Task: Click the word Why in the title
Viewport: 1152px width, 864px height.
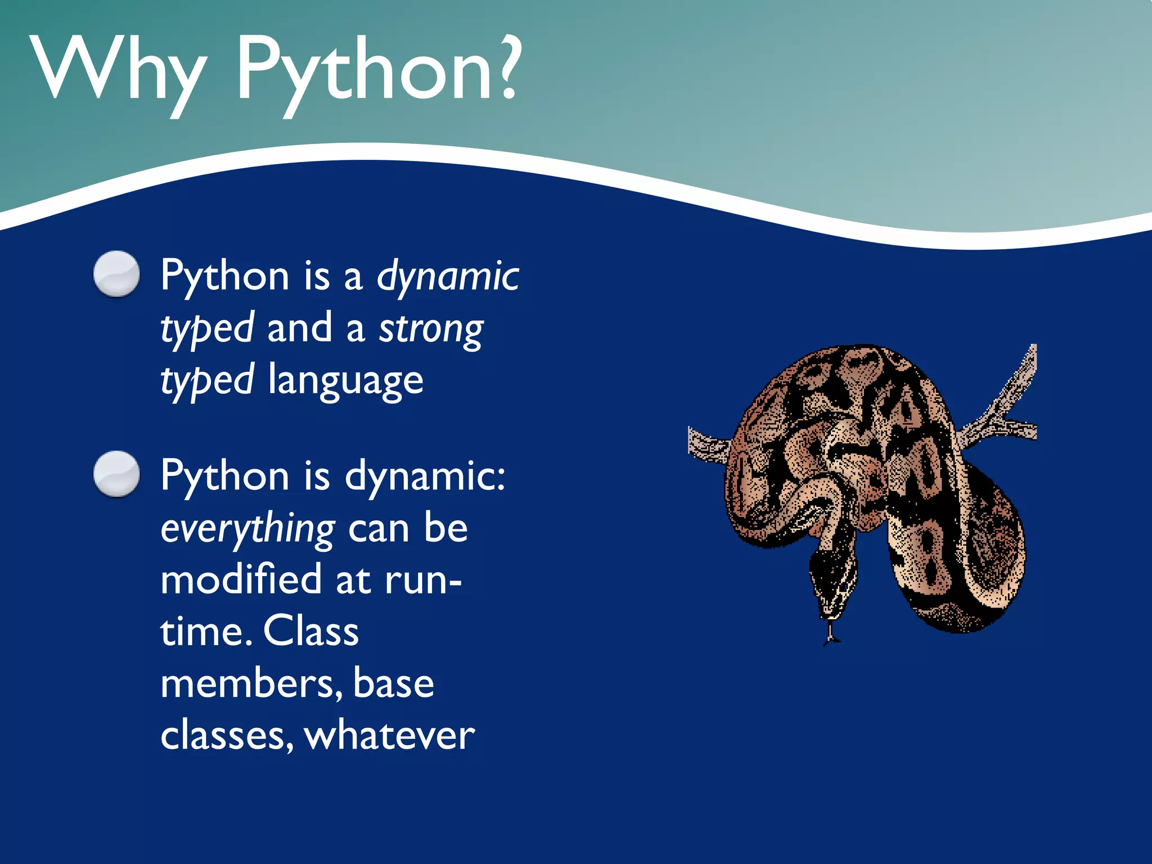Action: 118,70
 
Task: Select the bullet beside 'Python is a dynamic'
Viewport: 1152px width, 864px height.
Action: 116,273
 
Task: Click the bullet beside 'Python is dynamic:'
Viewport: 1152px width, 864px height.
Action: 116,474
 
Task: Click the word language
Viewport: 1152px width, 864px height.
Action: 345,381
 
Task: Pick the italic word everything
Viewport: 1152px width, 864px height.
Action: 248,529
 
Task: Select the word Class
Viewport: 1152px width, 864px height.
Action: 310,631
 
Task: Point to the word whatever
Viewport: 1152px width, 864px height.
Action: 389,736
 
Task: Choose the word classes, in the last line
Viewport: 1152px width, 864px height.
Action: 227,736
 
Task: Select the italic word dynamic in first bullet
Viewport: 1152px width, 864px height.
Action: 448,277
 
